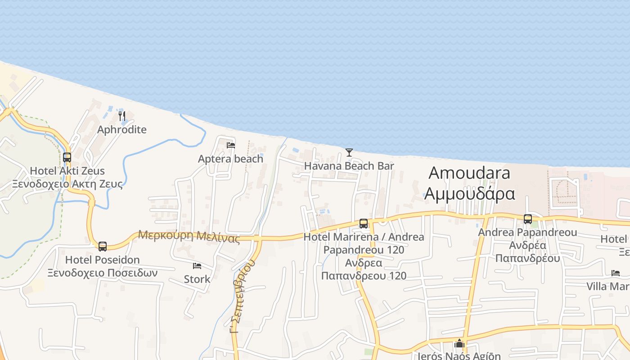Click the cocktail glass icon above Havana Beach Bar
(x=349, y=153)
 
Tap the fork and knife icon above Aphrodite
(x=122, y=116)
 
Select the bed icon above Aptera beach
(x=231, y=145)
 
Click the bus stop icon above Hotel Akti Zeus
(x=67, y=157)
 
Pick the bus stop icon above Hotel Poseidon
(x=103, y=246)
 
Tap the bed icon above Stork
(x=197, y=265)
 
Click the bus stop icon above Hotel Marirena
(x=364, y=223)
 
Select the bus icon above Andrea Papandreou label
(x=528, y=219)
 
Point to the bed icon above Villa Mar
(x=615, y=273)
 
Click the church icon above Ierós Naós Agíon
(x=459, y=344)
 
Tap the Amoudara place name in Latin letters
(x=469, y=173)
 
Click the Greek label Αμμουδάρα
(x=469, y=193)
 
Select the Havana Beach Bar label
(x=349, y=166)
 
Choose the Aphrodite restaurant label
(x=122, y=130)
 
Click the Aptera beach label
(x=230, y=159)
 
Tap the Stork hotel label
(x=197, y=279)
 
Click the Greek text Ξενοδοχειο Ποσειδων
(x=103, y=273)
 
